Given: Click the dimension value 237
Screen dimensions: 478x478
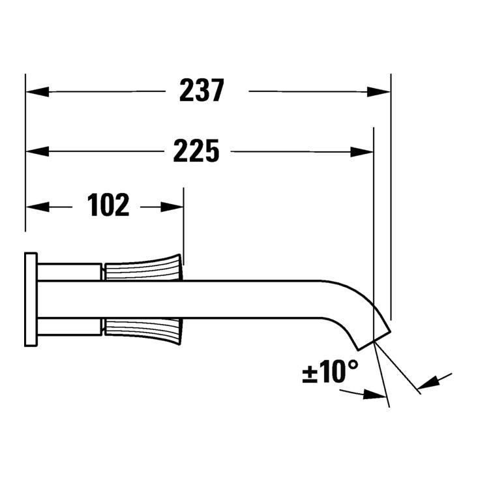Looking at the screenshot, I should (202, 91).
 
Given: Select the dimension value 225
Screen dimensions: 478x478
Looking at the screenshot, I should (196, 151).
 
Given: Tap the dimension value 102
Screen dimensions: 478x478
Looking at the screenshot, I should (109, 206).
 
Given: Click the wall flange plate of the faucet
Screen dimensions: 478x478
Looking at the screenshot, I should (31, 299).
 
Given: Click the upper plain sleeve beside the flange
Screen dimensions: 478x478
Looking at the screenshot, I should (70, 271).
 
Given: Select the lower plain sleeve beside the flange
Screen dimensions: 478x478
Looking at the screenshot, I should (70, 327).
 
